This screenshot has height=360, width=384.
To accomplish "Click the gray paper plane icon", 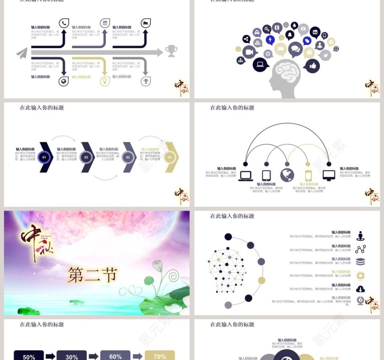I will (x=22, y=53).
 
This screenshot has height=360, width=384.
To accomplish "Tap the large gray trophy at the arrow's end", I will (x=171, y=51).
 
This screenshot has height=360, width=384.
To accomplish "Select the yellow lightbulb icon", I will (x=105, y=81).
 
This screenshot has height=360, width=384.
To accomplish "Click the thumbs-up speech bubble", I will (x=312, y=67).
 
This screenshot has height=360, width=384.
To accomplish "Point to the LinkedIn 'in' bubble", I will (x=315, y=32).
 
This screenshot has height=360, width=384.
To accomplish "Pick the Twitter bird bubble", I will (x=325, y=55).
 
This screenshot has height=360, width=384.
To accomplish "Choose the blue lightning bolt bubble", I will (x=270, y=40).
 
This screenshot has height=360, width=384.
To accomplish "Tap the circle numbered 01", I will (x=44, y=157).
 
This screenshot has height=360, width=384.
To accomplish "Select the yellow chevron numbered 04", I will (x=170, y=157).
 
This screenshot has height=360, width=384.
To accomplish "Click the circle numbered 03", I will (x=128, y=157).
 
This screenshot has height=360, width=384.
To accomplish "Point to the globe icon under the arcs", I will (x=287, y=175).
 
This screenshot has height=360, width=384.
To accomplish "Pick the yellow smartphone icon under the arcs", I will (x=309, y=176).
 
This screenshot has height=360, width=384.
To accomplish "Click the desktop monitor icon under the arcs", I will (x=329, y=175).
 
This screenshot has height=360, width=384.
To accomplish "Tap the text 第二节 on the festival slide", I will (x=92, y=275).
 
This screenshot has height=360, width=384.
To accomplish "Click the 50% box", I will (x=29, y=356).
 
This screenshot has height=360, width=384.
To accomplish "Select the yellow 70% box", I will (x=160, y=355).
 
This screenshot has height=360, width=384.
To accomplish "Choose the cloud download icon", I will (x=360, y=289).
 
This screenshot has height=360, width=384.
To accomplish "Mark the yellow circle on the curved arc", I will (x=261, y=280).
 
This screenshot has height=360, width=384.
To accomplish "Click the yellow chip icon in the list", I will (x=360, y=275).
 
